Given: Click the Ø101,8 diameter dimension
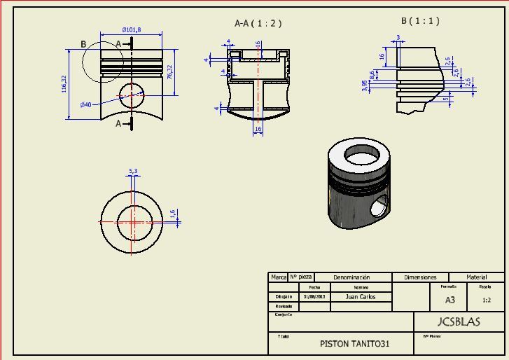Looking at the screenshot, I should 131,29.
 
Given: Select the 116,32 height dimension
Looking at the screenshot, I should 64,84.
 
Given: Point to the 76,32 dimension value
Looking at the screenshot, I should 170,71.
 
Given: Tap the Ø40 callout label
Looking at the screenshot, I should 85,104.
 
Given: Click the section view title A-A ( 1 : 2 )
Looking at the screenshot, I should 258,23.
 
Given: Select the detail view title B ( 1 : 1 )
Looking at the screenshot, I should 420,21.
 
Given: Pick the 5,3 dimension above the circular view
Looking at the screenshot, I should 133,170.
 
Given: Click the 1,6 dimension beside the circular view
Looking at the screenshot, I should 173,214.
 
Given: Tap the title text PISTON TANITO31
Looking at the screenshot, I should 354,344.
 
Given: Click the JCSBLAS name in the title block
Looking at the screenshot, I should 459,322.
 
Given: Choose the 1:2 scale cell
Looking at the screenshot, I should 487,300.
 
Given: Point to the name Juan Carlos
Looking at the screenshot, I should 361,296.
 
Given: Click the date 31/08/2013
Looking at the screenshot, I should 314,296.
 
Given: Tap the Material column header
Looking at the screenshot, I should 476,277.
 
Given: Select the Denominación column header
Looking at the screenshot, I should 351,277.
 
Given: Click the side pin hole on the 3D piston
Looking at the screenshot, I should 378,207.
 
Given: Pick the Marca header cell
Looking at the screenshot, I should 278,277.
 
